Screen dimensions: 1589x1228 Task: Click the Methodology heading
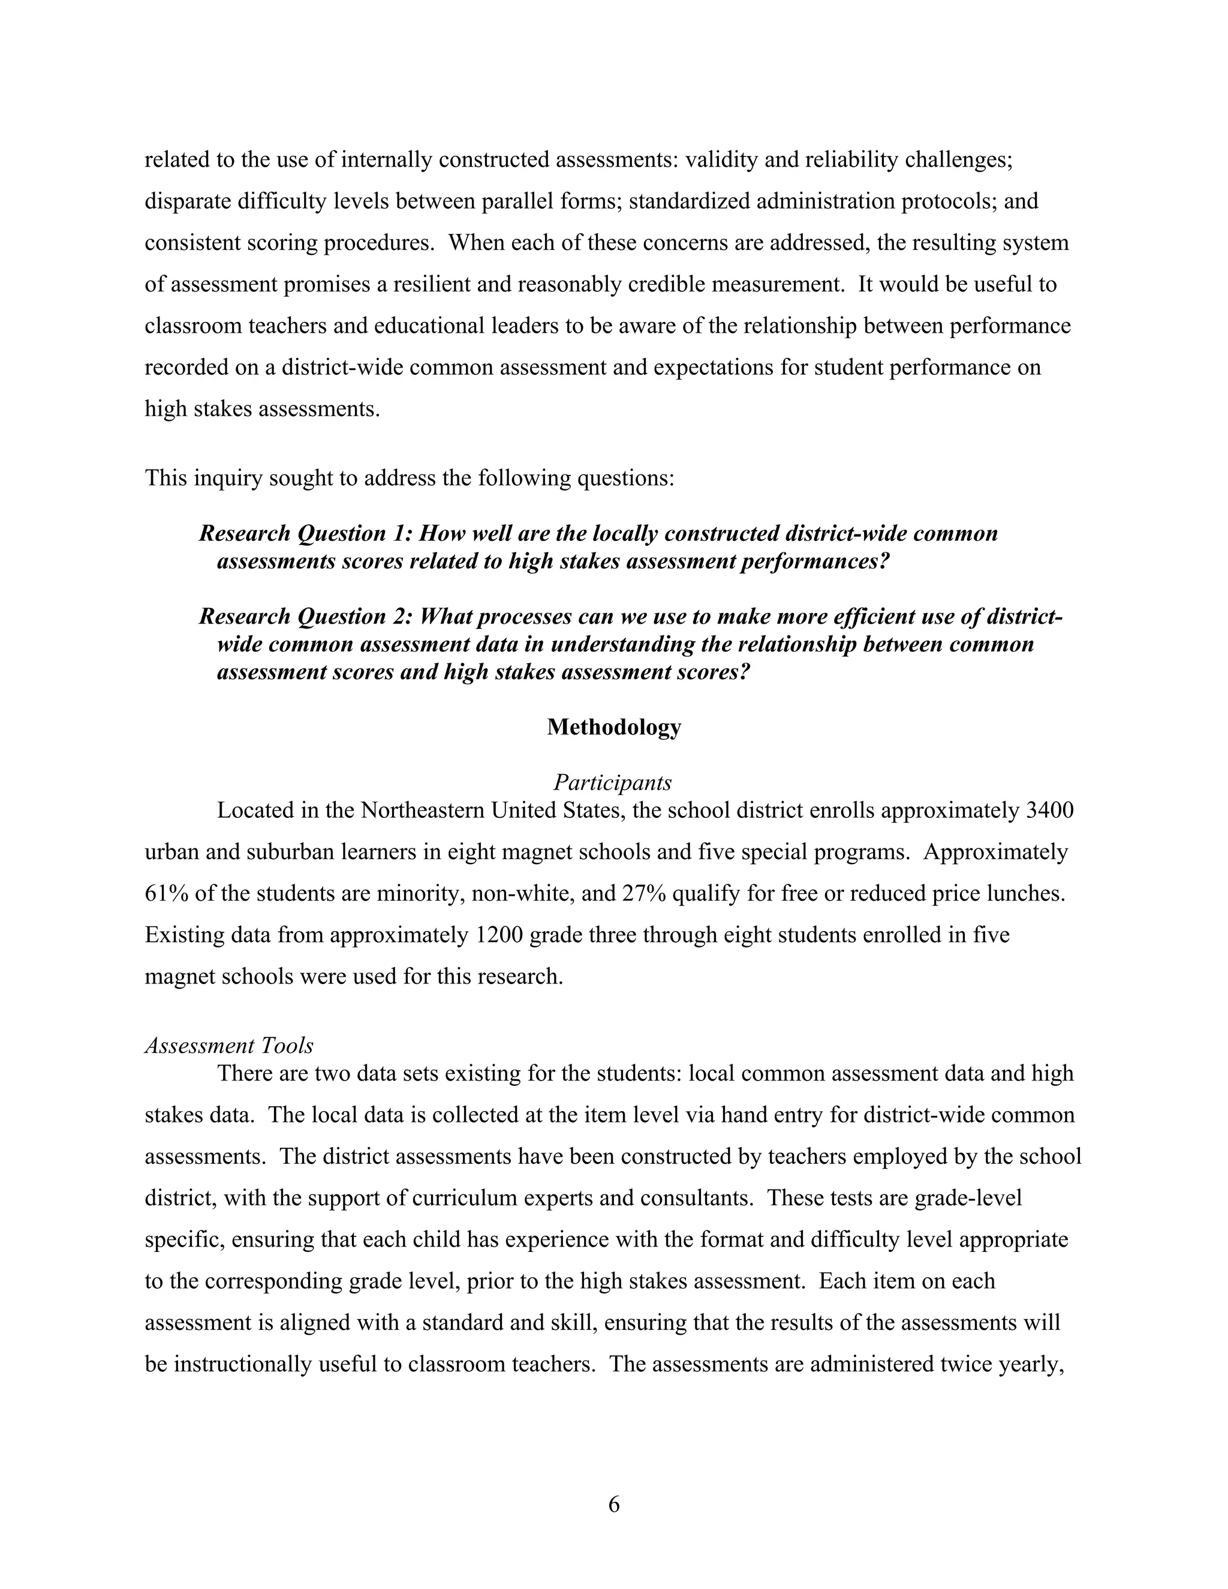click(613, 727)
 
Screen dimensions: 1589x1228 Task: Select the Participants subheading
click(613, 783)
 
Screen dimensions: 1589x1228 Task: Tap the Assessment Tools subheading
click(229, 1046)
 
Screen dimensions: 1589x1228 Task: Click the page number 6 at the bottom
click(613, 1504)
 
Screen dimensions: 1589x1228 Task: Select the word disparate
click(188, 201)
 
